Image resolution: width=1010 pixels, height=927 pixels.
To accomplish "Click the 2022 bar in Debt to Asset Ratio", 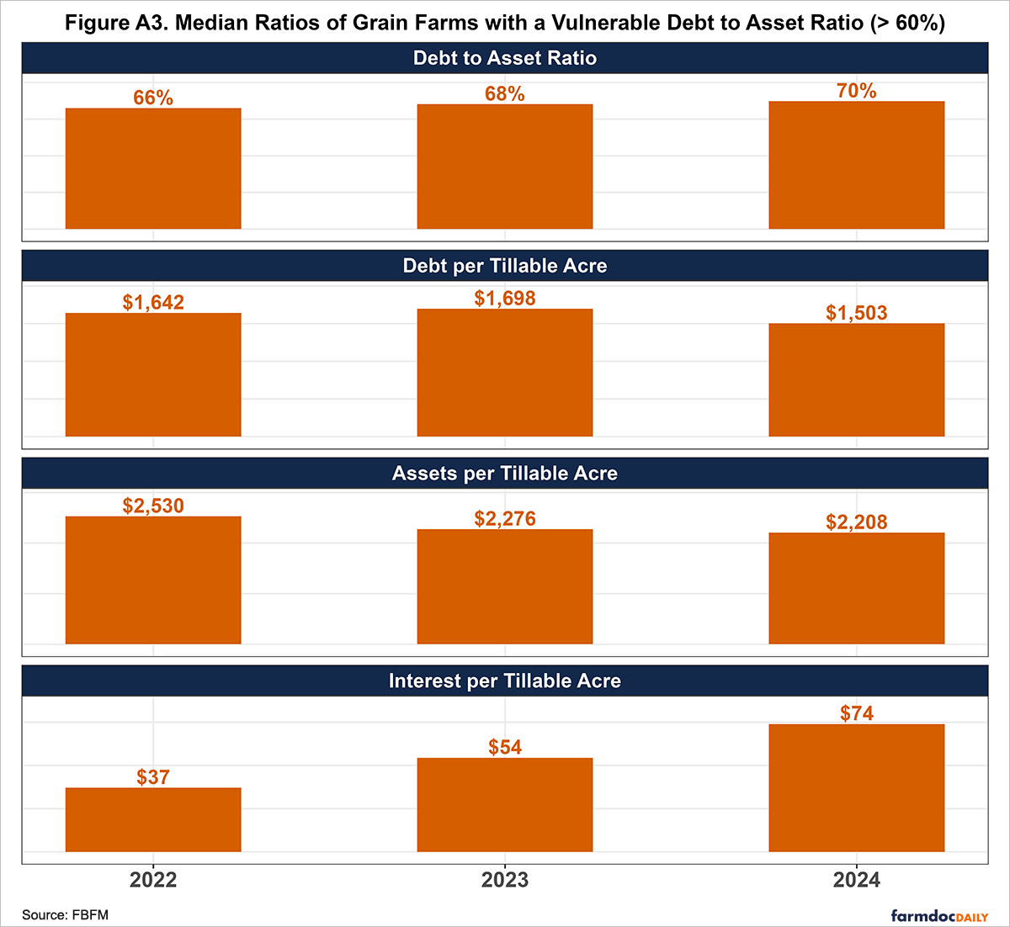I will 153,168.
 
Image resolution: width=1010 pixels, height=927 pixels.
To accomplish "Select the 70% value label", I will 857,91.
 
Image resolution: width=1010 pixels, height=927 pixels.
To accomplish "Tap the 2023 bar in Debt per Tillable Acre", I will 505,373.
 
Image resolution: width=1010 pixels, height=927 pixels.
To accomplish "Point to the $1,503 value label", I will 857,313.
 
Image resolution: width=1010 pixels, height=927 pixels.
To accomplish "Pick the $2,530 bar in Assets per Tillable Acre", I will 153,580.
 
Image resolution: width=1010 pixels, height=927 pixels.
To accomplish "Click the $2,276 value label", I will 505,519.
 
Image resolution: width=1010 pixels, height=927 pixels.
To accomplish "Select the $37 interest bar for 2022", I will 153,819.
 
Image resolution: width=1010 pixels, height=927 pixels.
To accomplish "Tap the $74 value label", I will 857,713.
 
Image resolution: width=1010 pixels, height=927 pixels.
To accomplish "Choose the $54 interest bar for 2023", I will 505,805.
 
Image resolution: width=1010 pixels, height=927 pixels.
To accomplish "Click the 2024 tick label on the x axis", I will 857,880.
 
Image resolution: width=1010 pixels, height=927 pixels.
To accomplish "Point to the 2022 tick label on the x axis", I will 153,880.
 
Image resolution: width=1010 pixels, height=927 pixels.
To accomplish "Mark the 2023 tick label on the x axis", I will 505,880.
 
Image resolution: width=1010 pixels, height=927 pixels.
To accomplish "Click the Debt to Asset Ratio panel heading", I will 505,58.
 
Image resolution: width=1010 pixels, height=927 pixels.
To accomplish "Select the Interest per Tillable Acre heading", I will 505,681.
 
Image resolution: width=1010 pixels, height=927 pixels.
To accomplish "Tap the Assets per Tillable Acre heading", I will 505,473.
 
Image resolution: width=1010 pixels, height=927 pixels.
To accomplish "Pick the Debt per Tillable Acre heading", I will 505,266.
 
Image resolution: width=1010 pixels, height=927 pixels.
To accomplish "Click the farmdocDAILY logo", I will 939,915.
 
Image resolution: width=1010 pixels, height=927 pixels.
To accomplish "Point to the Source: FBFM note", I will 65,914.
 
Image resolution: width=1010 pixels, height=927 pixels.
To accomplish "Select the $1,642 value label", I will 153,303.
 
